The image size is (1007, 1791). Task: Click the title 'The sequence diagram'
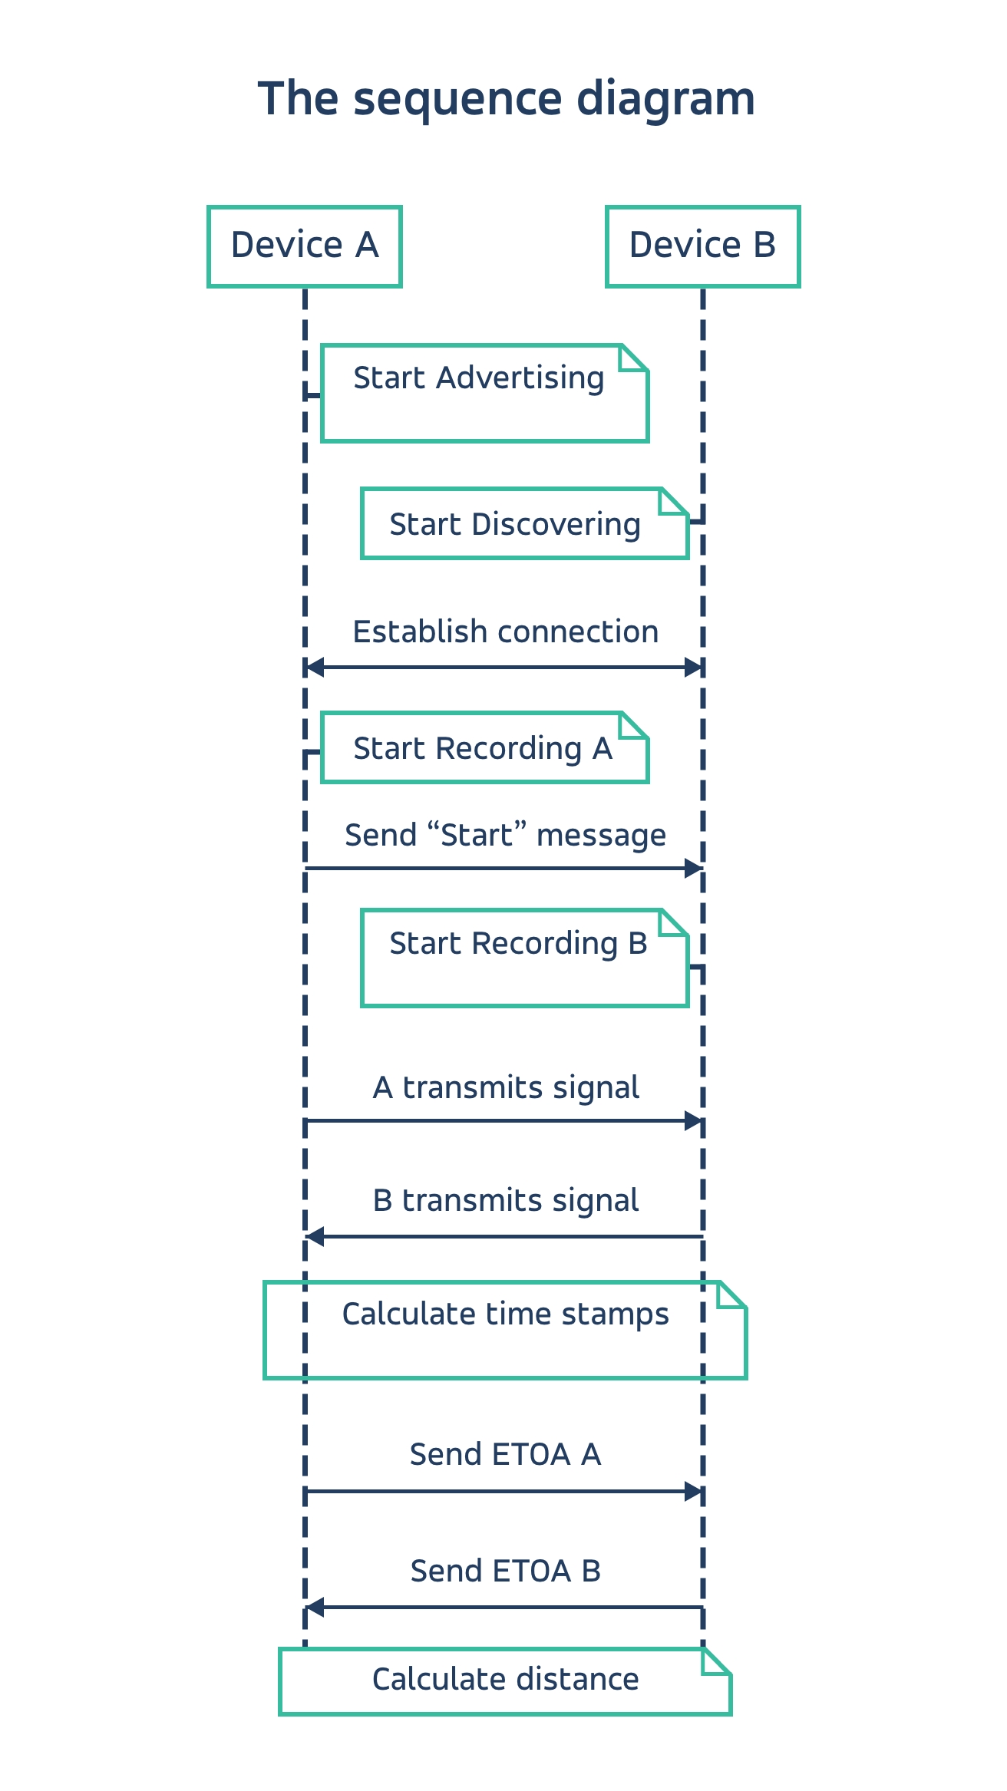[506, 99]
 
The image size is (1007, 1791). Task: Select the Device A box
[305, 246]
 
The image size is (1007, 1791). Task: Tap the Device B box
[702, 246]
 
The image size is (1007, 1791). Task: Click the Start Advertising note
[484, 393]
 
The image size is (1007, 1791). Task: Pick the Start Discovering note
[524, 524]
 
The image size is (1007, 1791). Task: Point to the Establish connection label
[505, 632]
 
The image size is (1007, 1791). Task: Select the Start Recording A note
[484, 748]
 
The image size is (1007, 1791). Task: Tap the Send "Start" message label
[505, 835]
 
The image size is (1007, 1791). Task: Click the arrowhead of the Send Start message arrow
[694, 869]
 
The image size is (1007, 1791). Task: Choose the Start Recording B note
[524, 957]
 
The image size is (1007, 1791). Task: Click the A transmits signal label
[505, 1088]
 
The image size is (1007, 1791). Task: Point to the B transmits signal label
[505, 1201]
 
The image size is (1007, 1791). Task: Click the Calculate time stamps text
[505, 1314]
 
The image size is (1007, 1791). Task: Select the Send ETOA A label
[505, 1455]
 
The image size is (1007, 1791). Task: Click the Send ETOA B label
[505, 1572]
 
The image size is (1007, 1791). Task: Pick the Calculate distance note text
[505, 1680]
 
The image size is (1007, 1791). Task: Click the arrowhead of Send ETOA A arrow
[694, 1492]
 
